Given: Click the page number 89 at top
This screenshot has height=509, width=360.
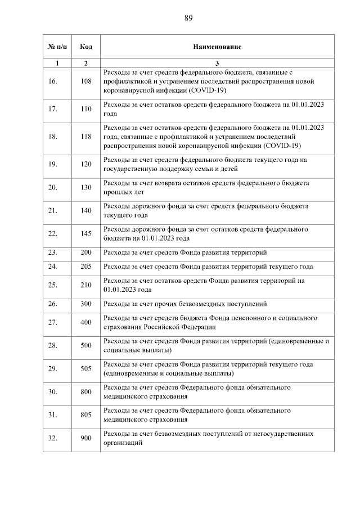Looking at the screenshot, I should coord(188,18).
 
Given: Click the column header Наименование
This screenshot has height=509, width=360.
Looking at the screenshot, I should coord(217,47).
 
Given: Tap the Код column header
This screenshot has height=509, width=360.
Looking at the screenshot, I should coord(86,47).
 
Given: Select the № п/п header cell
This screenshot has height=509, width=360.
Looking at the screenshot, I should coord(57,47).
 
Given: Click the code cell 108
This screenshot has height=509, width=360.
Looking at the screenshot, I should coord(86,81).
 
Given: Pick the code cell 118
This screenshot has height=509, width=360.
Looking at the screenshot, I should coord(86,137).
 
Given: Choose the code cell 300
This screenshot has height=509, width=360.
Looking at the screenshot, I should coord(86,304).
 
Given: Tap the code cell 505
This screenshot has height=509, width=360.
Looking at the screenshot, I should coord(86,368).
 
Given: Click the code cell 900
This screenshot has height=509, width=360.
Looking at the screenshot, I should coord(86,438).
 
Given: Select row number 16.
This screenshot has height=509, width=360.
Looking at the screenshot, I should coord(53,81).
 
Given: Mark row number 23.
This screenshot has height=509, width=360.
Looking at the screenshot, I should coord(53,253).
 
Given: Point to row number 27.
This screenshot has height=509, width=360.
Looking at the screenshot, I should coord(53,322).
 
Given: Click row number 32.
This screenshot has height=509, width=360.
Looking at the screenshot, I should coord(53,438).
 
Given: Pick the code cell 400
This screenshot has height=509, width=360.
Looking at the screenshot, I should coord(86,322).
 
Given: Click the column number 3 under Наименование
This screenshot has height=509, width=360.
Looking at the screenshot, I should coord(217,63).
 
